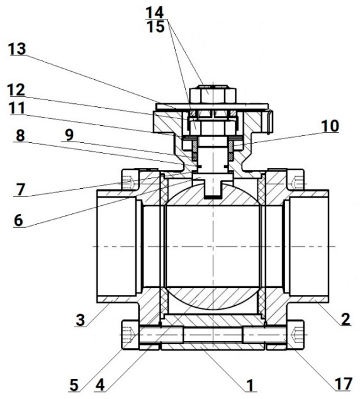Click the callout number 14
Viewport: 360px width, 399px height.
(x=154, y=12)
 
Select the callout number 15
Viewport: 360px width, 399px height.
(x=155, y=26)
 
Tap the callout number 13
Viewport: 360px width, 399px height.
(x=17, y=49)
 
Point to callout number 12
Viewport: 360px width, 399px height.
(x=16, y=90)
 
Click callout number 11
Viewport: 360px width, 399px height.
(x=17, y=108)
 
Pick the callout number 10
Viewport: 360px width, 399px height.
(x=330, y=126)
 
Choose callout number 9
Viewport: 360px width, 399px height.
(x=69, y=135)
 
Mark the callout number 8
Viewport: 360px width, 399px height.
(x=20, y=135)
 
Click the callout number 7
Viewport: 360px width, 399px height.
(x=20, y=189)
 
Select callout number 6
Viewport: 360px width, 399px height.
(x=18, y=220)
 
